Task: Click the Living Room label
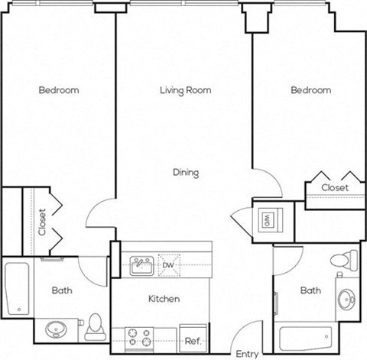pos(185,90)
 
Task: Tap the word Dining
pos(185,173)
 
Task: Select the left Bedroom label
pos(59,90)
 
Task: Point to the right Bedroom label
pos(310,90)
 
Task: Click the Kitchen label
pos(163,299)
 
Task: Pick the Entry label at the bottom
pos(247,354)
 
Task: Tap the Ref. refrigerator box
pos(193,340)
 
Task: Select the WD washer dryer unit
pos(268,220)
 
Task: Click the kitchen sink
pos(141,264)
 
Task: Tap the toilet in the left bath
pos(95,326)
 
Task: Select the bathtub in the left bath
pos(16,288)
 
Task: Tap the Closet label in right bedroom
pos(334,187)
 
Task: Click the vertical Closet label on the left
pos(42,221)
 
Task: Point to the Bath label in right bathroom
pos(310,290)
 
